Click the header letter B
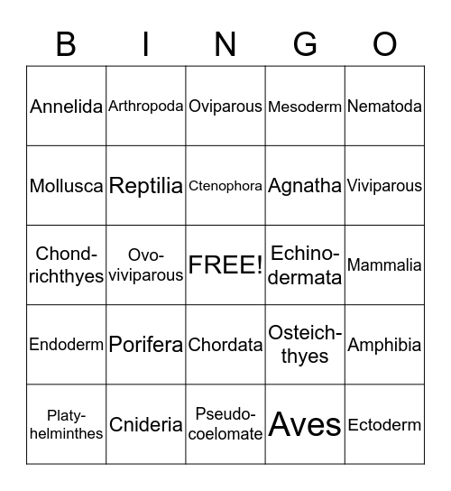tap(66, 43)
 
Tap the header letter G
tap(305, 43)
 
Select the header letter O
tap(385, 43)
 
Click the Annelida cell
tap(66, 107)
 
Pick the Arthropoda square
tap(146, 107)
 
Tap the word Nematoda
tap(384, 107)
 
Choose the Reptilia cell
tap(146, 186)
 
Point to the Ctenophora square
tap(225, 186)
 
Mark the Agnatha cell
tap(305, 186)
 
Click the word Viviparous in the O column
tap(384, 186)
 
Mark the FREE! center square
tap(225, 265)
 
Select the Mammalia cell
tap(384, 265)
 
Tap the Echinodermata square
tap(305, 265)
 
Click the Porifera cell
tap(146, 345)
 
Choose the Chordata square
tap(225, 345)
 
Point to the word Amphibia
tap(384, 345)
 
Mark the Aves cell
tap(305, 424)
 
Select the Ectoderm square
tap(384, 424)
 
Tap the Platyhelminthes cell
tap(66, 424)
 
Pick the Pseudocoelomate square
tap(225, 424)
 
